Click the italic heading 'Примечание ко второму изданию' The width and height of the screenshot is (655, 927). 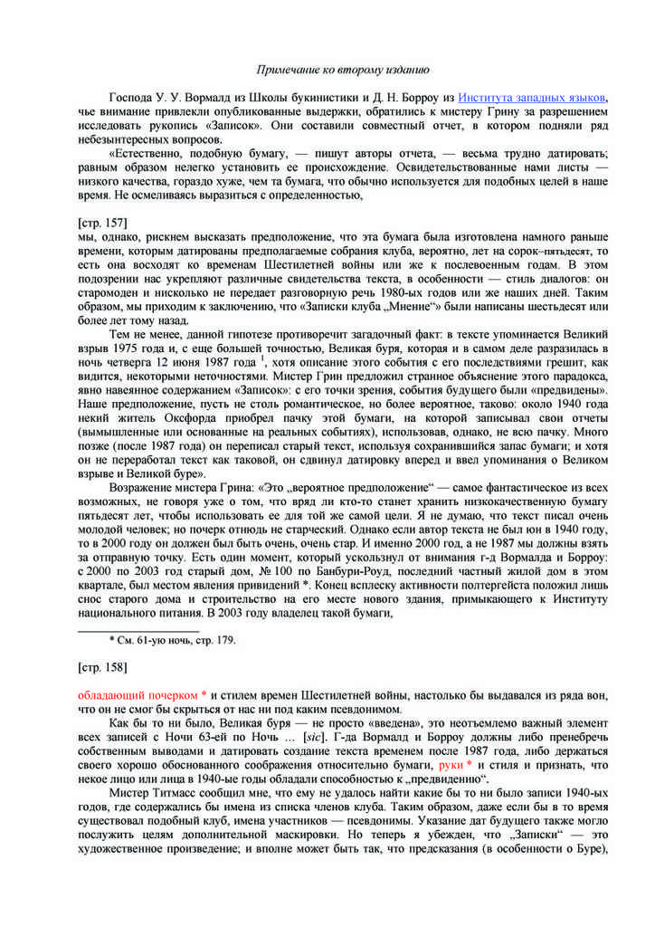tap(343, 69)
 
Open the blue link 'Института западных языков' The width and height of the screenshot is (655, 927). tap(532, 98)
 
